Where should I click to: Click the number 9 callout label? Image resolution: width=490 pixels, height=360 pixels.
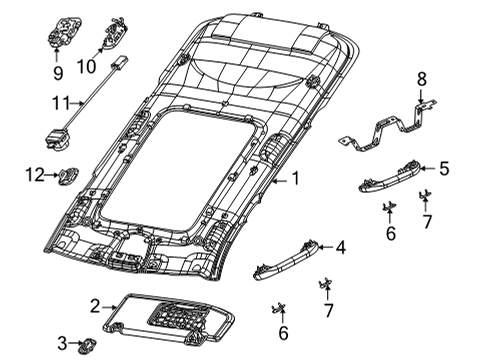click(57, 73)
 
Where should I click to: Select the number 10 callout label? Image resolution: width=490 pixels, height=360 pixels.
click(112, 66)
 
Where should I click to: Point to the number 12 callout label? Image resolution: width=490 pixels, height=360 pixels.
click(33, 176)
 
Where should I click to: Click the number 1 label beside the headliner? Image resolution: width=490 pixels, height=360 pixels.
click(294, 180)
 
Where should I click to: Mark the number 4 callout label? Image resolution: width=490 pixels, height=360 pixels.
click(341, 246)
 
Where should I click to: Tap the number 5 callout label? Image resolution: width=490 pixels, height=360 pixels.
click(445, 170)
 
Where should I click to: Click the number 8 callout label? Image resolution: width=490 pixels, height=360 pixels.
click(421, 77)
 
